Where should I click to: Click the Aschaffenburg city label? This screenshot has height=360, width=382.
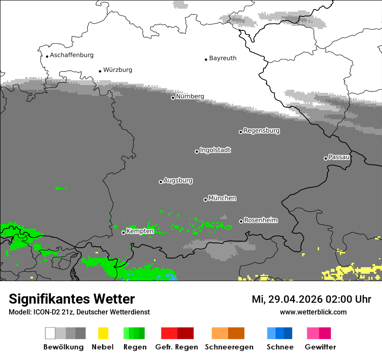pyautogui.click(x=72, y=55)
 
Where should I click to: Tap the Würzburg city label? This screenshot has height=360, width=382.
pyautogui.click(x=118, y=70)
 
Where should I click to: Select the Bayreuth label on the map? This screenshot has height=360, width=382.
pyautogui.click(x=223, y=58)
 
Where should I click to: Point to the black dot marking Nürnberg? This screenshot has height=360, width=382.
pyautogui.click(x=173, y=98)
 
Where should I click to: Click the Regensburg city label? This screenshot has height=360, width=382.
pyautogui.click(x=261, y=131)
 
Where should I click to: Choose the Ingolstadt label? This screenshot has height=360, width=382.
pyautogui.click(x=215, y=150)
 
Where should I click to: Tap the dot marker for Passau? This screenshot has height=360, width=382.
pyautogui.click(x=326, y=158)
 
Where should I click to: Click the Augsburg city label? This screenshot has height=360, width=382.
pyautogui.click(x=178, y=180)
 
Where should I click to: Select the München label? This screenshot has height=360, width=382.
pyautogui.click(x=222, y=198)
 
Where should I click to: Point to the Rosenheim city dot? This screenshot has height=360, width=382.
pyautogui.click(x=241, y=221)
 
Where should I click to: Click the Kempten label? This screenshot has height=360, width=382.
pyautogui.click(x=140, y=231)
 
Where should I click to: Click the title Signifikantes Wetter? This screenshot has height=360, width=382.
pyautogui.click(x=72, y=299)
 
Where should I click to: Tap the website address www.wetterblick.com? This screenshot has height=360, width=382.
pyautogui.click(x=313, y=312)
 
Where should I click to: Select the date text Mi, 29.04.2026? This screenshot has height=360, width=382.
pyautogui.click(x=286, y=299)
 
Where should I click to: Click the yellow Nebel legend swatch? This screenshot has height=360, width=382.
pyautogui.click(x=103, y=333)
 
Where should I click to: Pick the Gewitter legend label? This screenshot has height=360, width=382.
pyautogui.click(x=320, y=347)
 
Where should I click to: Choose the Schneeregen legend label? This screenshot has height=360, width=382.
pyautogui.click(x=229, y=347)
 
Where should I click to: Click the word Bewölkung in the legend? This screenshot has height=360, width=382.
pyautogui.click(x=63, y=347)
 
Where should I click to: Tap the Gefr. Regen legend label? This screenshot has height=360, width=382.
pyautogui.click(x=176, y=347)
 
